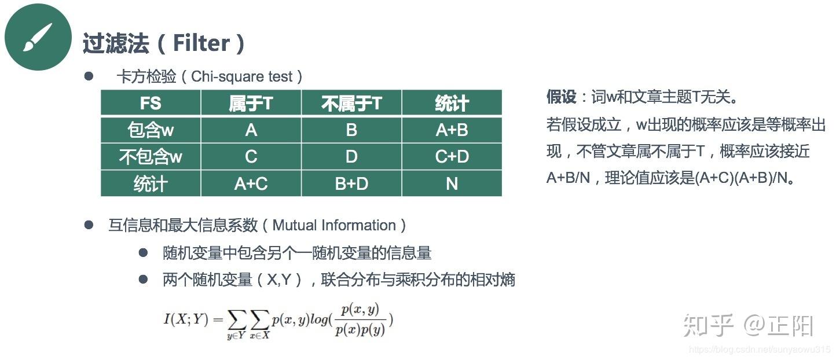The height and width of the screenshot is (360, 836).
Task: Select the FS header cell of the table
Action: tap(151, 103)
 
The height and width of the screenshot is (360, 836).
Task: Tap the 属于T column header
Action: tap(251, 103)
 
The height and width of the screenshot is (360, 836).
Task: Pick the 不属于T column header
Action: tap(351, 103)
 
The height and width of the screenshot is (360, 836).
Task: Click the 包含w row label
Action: tap(151, 130)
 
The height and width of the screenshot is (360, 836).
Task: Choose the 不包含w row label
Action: tap(151, 156)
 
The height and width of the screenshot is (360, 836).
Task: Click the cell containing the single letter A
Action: tap(251, 130)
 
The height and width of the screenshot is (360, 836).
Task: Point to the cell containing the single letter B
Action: tap(351, 130)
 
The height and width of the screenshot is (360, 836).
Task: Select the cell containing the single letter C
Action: tap(251, 156)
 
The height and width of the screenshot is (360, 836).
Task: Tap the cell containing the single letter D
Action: tap(351, 156)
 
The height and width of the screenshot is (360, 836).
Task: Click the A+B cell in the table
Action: tap(452, 130)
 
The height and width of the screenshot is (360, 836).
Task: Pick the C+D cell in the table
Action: tap(452, 156)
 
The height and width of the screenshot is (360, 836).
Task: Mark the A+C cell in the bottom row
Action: tap(251, 183)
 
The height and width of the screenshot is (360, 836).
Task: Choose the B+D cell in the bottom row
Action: tap(351, 183)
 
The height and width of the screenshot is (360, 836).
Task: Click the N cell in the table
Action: tap(452, 183)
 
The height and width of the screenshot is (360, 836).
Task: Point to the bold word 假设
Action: tap(561, 97)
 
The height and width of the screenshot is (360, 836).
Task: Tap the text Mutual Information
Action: tap(334, 225)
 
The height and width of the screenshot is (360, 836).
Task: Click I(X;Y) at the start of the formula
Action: tap(185, 318)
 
